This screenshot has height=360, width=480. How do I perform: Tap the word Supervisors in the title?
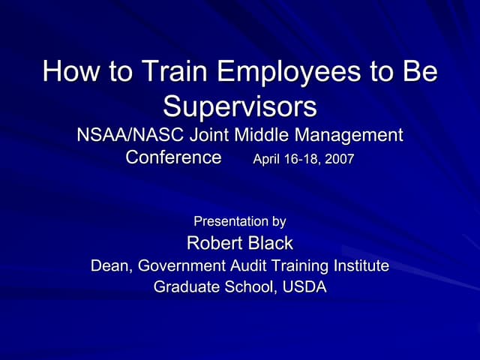240,106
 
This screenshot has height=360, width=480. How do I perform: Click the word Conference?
173,158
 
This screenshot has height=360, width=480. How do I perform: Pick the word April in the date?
269,160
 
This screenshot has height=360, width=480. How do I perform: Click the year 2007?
339,160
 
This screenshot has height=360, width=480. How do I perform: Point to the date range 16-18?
303,160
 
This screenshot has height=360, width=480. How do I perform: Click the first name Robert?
214,243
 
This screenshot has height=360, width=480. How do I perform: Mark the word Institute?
361,265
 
